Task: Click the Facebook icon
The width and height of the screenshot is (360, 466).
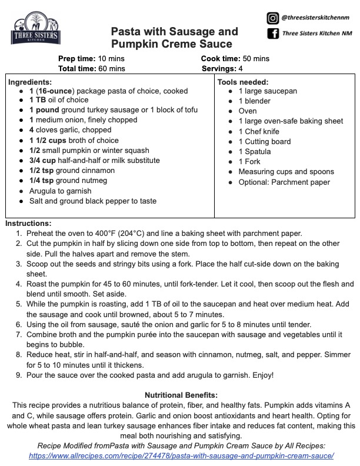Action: tap(272, 34)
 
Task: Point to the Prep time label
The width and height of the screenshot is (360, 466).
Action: tap(78, 59)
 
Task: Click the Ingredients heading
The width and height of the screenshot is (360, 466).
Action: tap(30, 82)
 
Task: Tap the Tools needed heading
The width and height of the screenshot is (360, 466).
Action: tap(243, 82)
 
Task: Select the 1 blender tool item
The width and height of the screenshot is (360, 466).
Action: tap(255, 101)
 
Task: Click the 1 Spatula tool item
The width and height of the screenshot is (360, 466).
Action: tap(256, 151)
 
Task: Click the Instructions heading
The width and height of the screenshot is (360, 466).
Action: tap(28, 224)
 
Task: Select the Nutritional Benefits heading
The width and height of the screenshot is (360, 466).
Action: tap(181, 394)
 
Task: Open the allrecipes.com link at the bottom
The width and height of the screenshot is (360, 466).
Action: tap(181, 456)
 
